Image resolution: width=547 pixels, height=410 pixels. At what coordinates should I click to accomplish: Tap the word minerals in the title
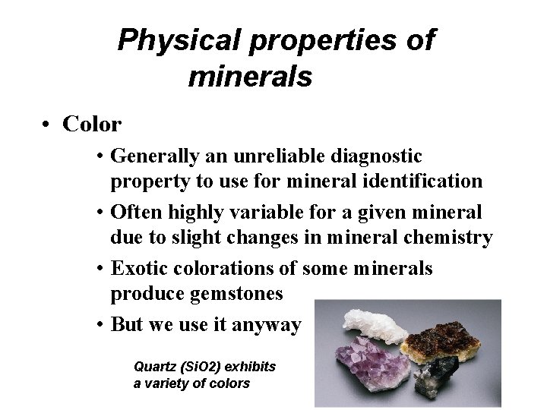pyautogui.click(x=250, y=77)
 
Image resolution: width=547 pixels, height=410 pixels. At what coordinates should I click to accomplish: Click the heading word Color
pyautogui.click(x=92, y=123)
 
